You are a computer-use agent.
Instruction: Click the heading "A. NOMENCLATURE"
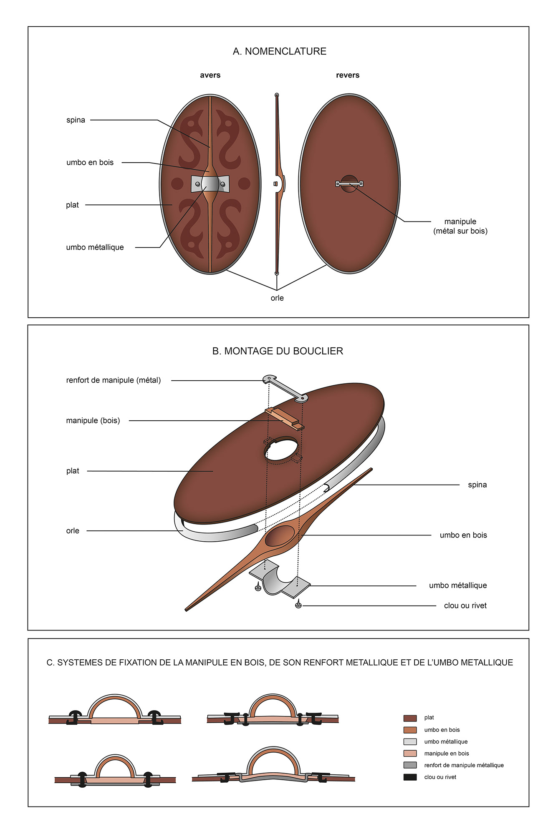coord(279,51)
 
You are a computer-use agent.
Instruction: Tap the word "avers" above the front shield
coord(210,75)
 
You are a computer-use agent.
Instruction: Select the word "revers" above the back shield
coord(348,75)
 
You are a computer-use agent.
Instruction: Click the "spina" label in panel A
coord(76,120)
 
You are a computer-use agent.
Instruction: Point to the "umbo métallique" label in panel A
coord(95,247)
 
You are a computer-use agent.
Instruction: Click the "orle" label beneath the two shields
coord(277,298)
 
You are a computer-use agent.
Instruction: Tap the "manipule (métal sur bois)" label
coord(460,226)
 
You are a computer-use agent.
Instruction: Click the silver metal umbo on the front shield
coord(210,183)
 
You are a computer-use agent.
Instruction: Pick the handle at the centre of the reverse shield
coord(349,183)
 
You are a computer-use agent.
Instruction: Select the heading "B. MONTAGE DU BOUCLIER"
coord(278,351)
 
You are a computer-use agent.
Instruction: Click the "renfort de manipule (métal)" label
coord(113,380)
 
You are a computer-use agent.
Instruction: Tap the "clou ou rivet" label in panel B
coord(465,605)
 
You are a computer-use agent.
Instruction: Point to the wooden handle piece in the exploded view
coord(285,418)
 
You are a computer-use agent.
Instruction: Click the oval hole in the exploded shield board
coord(281,449)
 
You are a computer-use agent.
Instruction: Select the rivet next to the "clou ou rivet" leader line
coord(298,605)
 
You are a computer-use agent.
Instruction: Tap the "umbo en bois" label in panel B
coord(463,535)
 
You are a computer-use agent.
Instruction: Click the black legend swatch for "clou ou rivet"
coord(410,777)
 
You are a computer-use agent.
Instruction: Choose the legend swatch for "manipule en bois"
coord(410,753)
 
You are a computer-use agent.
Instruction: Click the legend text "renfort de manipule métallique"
coord(464,765)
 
